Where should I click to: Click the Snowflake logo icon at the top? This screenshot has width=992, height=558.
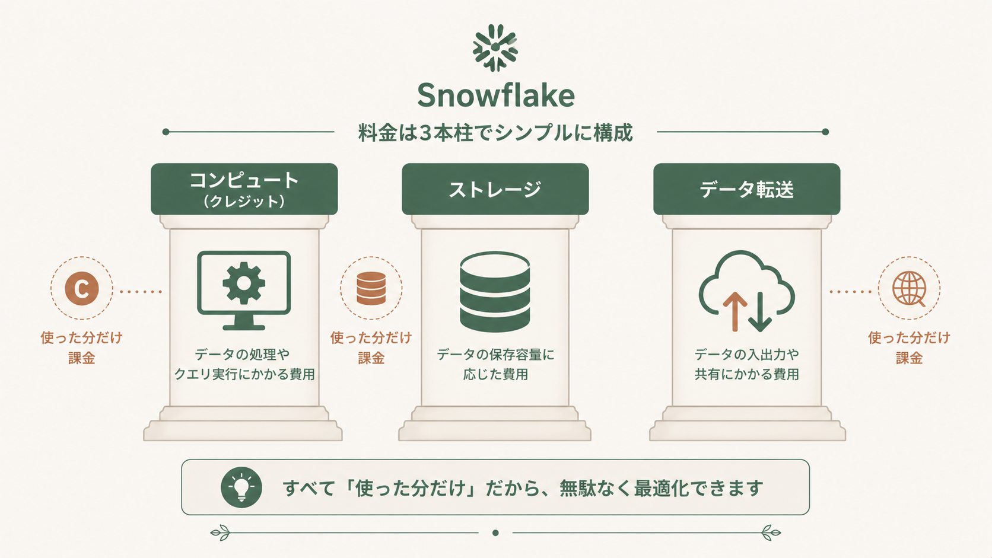click(495, 47)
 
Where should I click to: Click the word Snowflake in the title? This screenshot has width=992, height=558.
click(496, 95)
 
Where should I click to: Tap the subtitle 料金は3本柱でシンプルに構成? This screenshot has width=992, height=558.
click(495, 133)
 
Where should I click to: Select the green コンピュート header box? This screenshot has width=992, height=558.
click(244, 189)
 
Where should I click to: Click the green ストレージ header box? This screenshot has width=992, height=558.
click(495, 189)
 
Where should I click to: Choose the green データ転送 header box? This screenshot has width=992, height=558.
click(746, 189)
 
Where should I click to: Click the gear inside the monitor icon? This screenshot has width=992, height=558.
click(244, 283)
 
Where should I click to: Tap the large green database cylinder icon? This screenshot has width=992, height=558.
click(495, 292)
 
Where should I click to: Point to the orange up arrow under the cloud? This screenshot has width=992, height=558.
click(735, 311)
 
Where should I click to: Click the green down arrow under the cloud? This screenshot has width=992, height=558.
click(761, 311)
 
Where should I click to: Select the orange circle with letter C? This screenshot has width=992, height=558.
click(82, 289)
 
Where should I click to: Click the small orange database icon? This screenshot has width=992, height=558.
click(371, 289)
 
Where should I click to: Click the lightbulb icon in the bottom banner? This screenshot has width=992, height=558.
click(241, 487)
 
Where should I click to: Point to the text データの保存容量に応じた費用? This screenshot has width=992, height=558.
click(495, 365)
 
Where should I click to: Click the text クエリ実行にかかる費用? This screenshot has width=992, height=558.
click(244, 374)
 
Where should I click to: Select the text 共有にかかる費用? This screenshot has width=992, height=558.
click(746, 374)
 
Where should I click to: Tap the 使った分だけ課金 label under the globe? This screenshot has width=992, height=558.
click(909, 348)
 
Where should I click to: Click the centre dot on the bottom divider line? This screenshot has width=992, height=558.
click(495, 533)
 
